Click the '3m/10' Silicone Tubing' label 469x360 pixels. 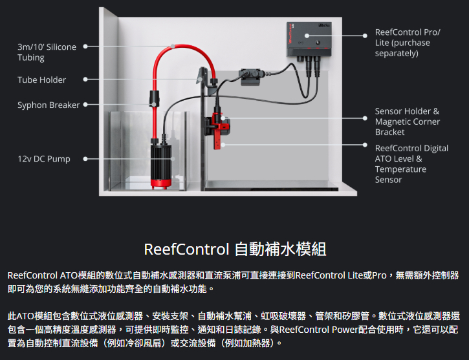click(x=47, y=52)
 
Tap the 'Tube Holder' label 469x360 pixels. click(x=41, y=79)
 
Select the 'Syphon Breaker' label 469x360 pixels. click(x=49, y=105)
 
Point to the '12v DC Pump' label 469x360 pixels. click(x=43, y=158)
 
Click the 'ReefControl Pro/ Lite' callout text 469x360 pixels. click(x=408, y=43)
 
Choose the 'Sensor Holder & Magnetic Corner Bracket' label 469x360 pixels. click(x=408, y=122)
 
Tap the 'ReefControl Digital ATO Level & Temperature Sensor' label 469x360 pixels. click(x=411, y=164)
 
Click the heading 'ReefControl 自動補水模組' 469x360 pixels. click(x=234, y=249)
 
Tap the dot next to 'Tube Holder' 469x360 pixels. click(x=85, y=79)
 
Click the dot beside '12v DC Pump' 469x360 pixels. click(x=85, y=158)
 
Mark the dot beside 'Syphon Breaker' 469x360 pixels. click(x=85, y=105)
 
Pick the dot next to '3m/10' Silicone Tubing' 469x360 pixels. click(x=85, y=47)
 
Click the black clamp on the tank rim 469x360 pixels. click(x=249, y=76)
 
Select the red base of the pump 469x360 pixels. click(x=161, y=182)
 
